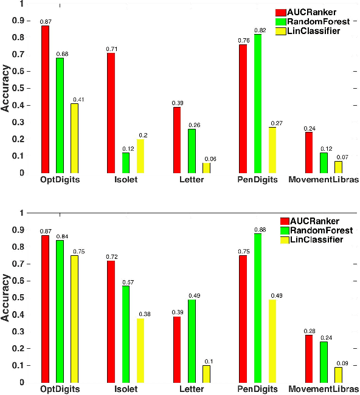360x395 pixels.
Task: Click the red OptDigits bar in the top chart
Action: pos(45,99)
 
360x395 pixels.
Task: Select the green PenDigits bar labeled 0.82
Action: pos(258,103)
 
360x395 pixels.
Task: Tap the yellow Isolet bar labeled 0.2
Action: pos(140,156)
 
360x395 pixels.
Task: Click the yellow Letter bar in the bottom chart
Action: pos(206,374)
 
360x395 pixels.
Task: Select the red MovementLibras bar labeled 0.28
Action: pos(309,359)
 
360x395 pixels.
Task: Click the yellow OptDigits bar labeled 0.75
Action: pos(74,318)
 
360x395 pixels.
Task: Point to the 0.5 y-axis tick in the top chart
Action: pos(22,88)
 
